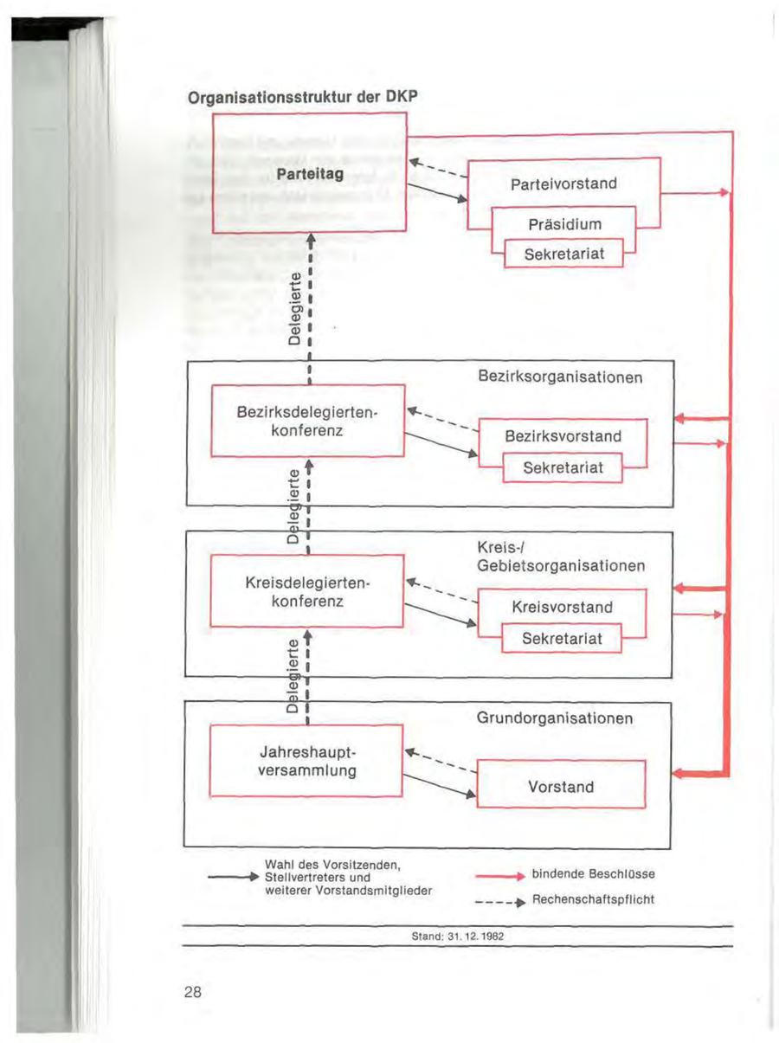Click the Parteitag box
click(309, 174)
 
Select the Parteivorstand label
click(563, 184)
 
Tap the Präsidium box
click(563, 224)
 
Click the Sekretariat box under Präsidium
click(563, 254)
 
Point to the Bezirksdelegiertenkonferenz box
click(308, 420)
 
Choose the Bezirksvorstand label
click(563, 435)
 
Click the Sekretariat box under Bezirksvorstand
click(563, 468)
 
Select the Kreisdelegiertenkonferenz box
click(308, 590)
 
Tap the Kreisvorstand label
click(563, 607)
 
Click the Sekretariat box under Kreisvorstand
click(563, 640)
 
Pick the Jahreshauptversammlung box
click(308, 760)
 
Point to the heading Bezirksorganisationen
click(560, 378)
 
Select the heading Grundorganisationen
click(555, 718)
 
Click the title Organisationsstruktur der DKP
click(304, 97)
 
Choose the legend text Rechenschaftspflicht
click(593, 899)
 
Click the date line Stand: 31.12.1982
click(459, 937)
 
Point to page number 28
click(192, 992)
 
